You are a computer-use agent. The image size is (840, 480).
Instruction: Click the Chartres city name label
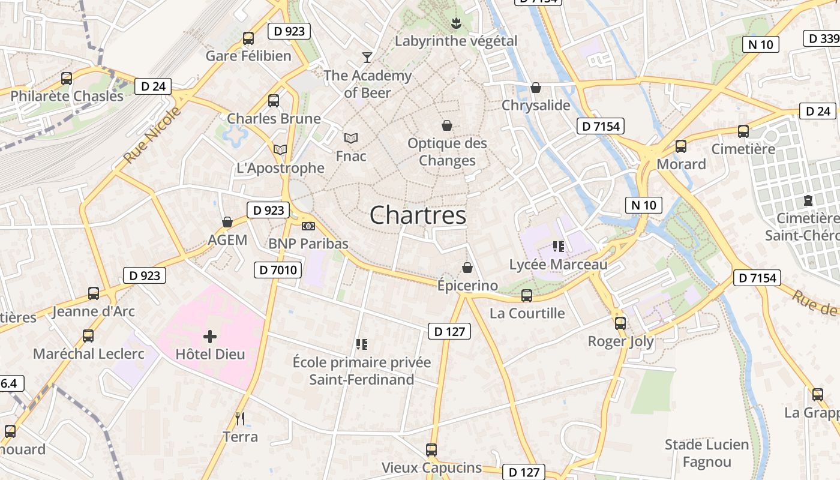(x=418, y=215)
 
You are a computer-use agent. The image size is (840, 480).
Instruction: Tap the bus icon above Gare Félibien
(x=248, y=38)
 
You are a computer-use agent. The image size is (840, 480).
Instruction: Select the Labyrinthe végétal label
(x=456, y=41)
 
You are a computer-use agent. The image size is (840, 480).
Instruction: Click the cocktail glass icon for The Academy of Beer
(x=367, y=57)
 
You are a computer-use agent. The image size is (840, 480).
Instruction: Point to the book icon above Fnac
(x=351, y=139)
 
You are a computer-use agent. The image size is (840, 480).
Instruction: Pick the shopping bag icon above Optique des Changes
(x=447, y=125)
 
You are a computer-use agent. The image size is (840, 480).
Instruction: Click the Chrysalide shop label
(x=536, y=105)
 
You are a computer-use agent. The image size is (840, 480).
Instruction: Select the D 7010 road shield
(x=279, y=270)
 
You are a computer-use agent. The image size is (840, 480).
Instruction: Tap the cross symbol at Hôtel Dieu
(x=210, y=337)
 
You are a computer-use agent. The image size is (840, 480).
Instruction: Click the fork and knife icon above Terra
(x=240, y=418)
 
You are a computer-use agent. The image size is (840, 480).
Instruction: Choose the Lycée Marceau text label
(x=558, y=264)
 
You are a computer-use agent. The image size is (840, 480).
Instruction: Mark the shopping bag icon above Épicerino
(x=467, y=268)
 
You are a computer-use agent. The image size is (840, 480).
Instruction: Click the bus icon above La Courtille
(x=527, y=295)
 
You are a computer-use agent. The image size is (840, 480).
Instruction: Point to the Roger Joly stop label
(x=620, y=341)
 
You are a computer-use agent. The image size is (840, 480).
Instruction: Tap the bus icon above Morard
(x=681, y=146)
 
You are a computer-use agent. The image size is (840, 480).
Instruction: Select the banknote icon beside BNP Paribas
(x=308, y=226)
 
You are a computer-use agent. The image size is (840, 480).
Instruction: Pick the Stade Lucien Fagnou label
(x=707, y=453)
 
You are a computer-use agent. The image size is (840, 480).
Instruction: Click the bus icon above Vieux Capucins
(x=431, y=450)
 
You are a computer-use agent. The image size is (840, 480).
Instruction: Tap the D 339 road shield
(x=821, y=38)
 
